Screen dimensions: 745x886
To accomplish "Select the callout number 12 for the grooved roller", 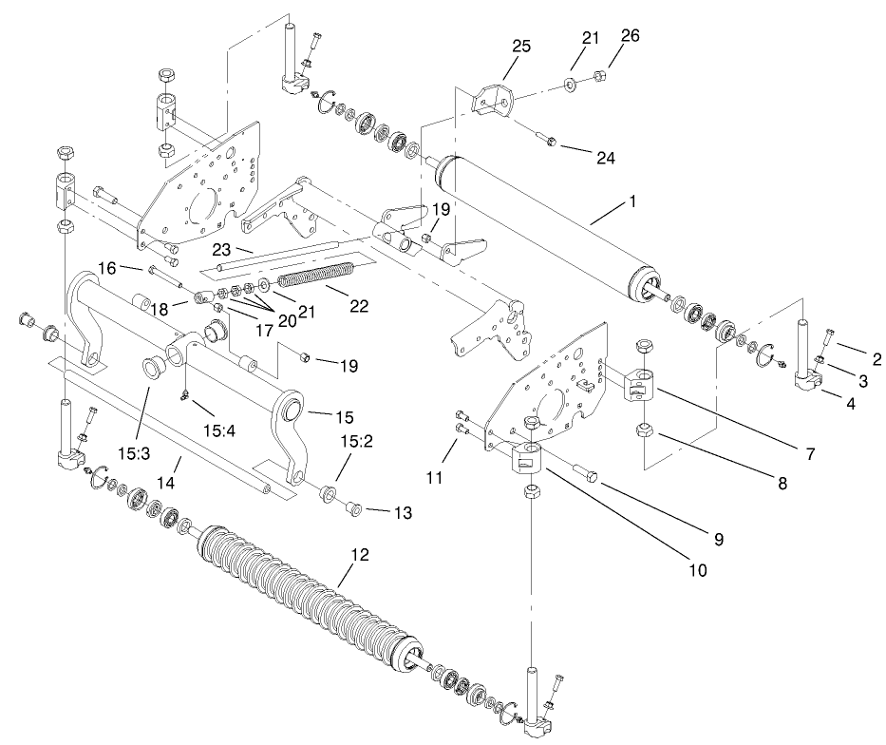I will tap(354, 553).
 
